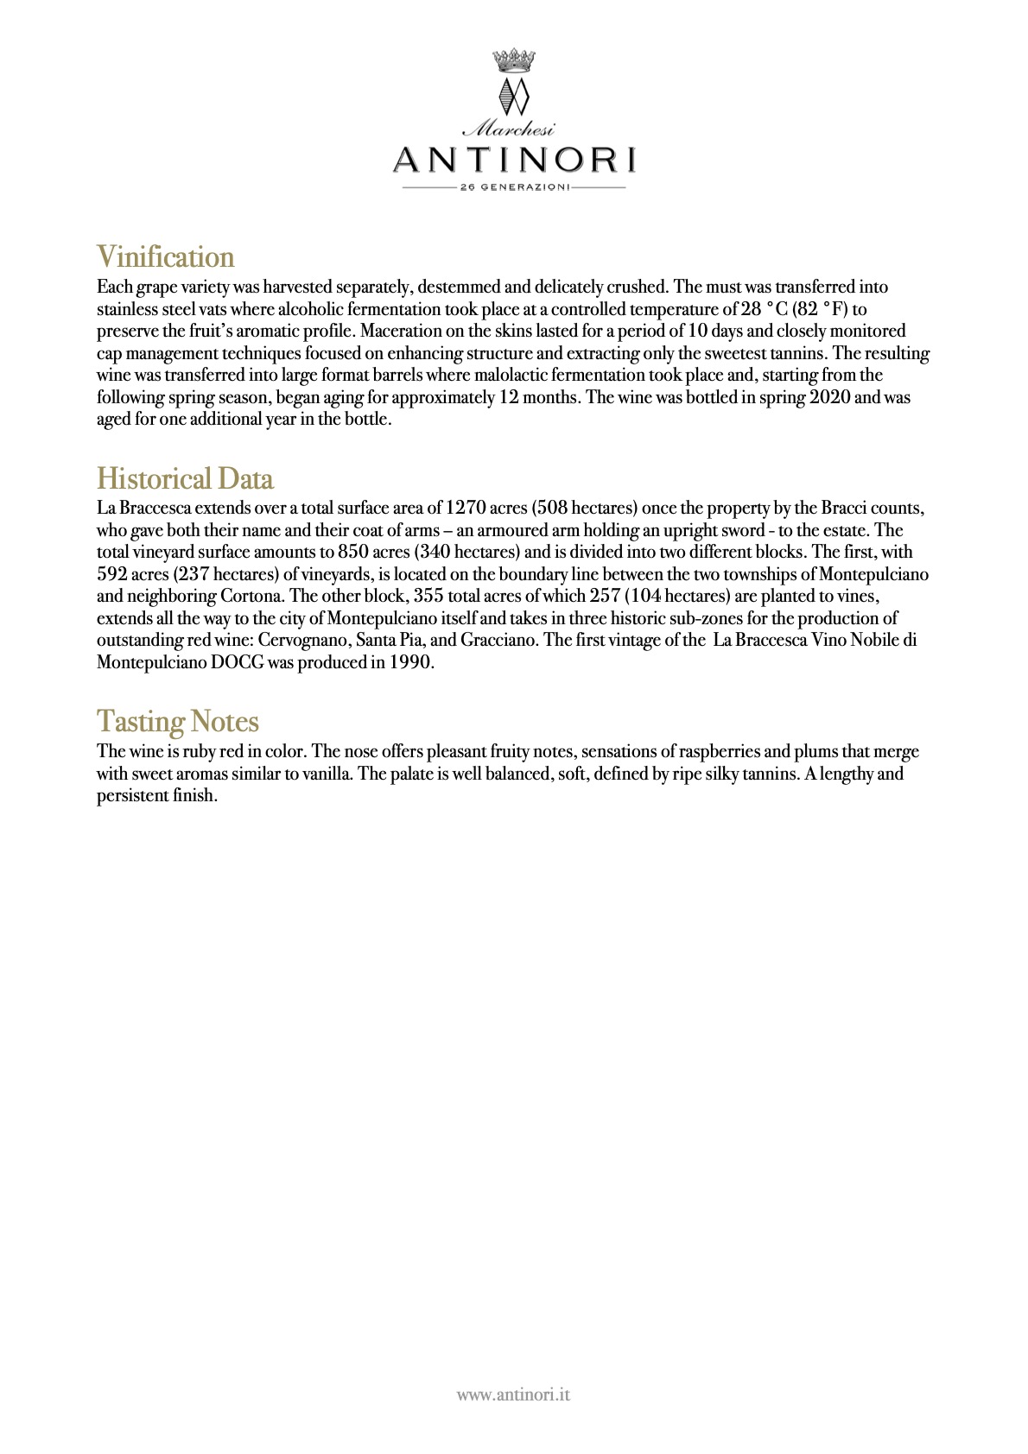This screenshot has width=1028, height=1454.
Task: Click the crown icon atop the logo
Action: tap(514, 60)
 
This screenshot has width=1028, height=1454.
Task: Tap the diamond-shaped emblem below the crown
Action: tap(514, 95)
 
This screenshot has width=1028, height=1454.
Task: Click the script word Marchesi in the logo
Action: tap(510, 130)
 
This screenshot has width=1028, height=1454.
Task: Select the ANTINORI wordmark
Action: tap(514, 160)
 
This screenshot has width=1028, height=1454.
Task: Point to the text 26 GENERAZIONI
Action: tap(514, 187)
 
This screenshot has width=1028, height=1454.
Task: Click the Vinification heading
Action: tap(165, 257)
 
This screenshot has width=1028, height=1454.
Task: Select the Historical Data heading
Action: tap(185, 479)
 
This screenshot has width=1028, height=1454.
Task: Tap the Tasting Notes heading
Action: tap(177, 722)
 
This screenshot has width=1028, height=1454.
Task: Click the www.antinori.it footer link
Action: tap(513, 1394)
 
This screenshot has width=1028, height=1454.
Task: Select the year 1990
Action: tap(410, 662)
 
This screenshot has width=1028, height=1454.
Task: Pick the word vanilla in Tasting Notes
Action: tap(327, 774)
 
